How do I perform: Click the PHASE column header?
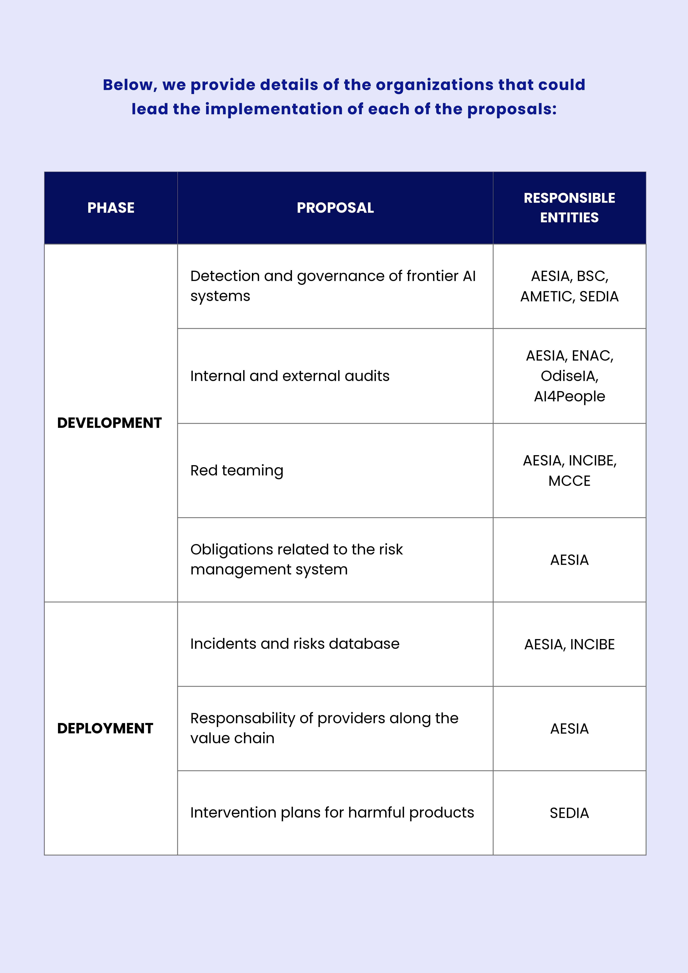(x=111, y=208)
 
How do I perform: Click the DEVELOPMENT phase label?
(x=109, y=423)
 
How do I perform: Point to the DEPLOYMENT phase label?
(x=105, y=729)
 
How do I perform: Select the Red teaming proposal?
(x=236, y=470)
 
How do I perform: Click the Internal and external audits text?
(x=289, y=376)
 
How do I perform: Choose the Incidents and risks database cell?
(x=295, y=644)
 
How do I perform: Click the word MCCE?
(x=569, y=481)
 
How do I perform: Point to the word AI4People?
(x=569, y=396)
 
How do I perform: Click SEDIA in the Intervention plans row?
(x=569, y=813)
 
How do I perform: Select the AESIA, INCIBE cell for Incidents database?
(x=569, y=644)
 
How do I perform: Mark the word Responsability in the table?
(x=242, y=718)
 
